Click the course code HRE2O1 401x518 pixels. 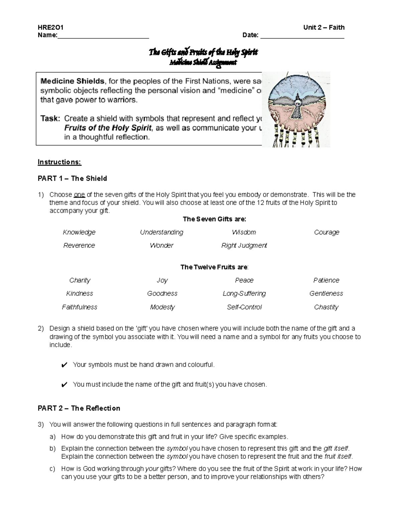click(x=50, y=27)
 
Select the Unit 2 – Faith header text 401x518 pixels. click(x=323, y=27)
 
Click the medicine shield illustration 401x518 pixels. click(x=296, y=109)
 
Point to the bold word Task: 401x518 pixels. click(x=50, y=118)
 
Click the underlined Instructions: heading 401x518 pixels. click(x=59, y=162)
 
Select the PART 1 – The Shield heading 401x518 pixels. click(x=72, y=178)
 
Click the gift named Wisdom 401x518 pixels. click(x=244, y=232)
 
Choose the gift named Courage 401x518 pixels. click(x=326, y=232)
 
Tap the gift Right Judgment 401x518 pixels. click(x=244, y=245)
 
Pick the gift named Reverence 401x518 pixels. click(x=79, y=245)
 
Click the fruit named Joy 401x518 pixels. click(x=162, y=280)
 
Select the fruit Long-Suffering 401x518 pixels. click(x=244, y=294)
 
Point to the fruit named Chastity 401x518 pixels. click(x=326, y=307)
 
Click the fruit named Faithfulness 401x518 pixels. click(x=79, y=307)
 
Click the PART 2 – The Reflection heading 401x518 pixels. click(x=79, y=408)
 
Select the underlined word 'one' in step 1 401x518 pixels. click(x=79, y=195)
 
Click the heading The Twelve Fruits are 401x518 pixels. click(x=214, y=267)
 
